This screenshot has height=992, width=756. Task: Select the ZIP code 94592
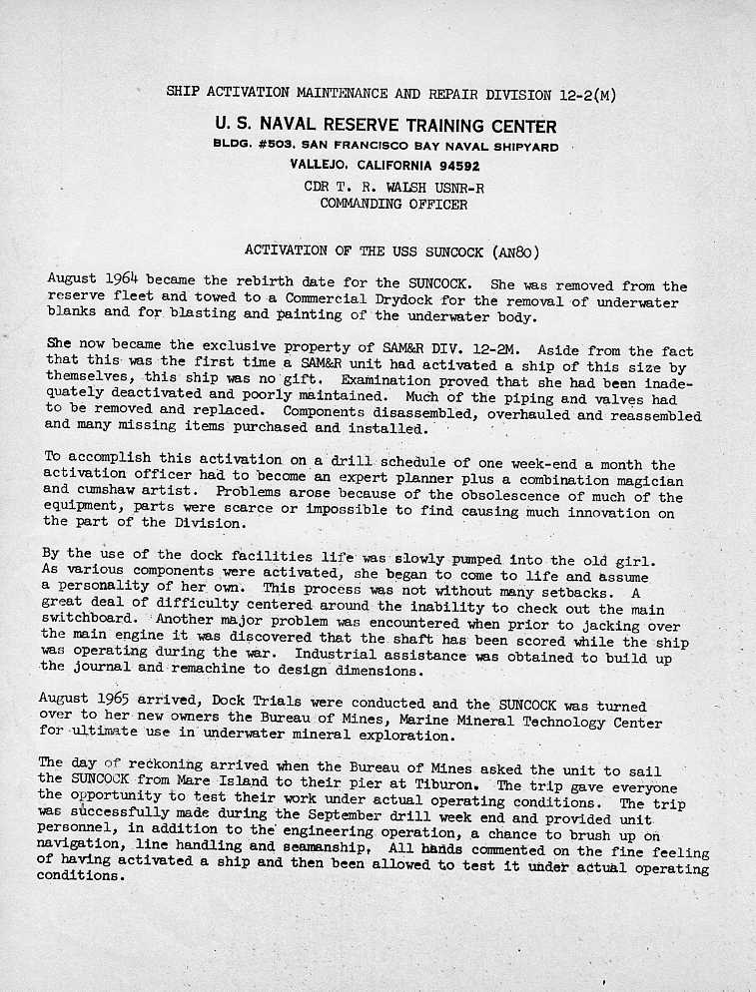448,165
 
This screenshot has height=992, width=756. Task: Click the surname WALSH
398,186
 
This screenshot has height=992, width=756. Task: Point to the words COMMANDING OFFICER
393,204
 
